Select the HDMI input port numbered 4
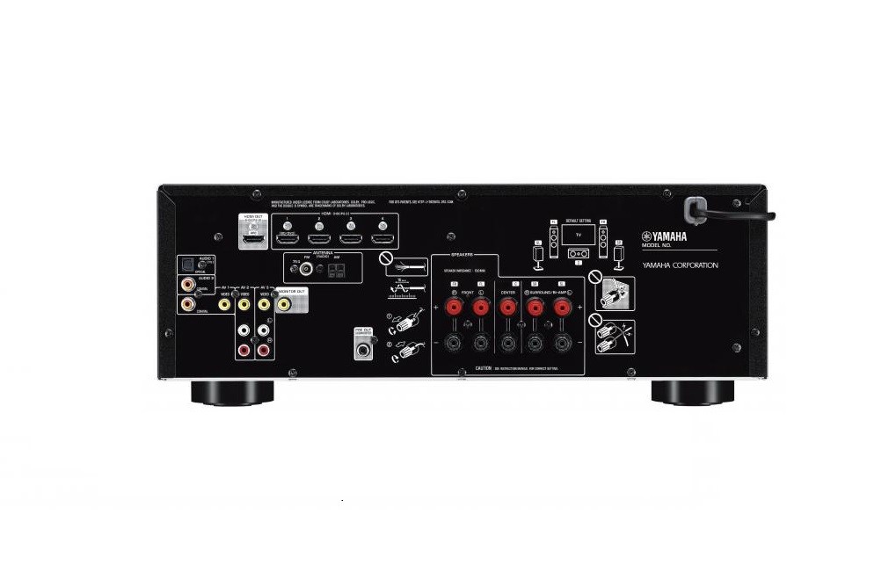pyautogui.click(x=382, y=237)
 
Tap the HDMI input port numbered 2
pyautogui.click(x=318, y=237)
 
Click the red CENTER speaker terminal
pyautogui.click(x=507, y=307)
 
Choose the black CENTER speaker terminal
pyautogui.click(x=507, y=343)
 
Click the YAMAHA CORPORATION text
pyautogui.click(x=680, y=265)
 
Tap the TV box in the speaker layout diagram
pyautogui.click(x=579, y=236)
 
